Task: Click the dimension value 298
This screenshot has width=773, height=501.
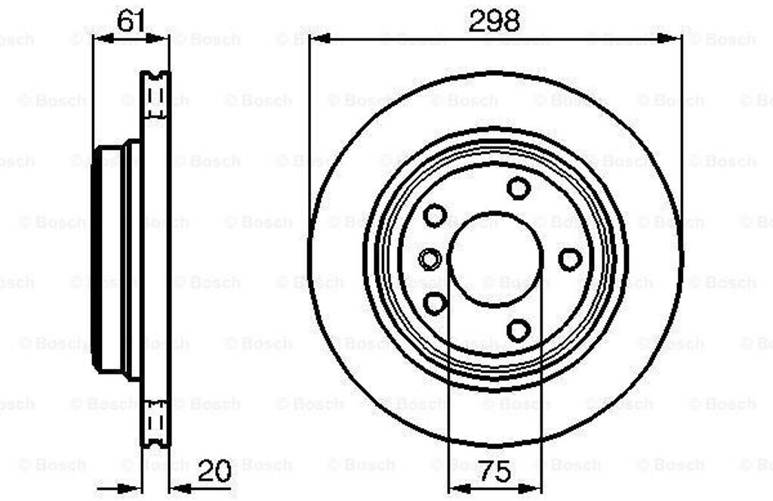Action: point(494,20)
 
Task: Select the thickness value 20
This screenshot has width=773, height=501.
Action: point(214,471)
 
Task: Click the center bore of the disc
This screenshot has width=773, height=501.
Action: point(496,259)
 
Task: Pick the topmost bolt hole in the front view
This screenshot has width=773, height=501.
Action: point(519,188)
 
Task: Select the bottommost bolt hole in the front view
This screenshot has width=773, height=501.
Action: point(519,330)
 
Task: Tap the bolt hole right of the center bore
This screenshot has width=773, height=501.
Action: point(571,259)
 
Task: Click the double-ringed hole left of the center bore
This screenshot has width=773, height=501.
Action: point(430,259)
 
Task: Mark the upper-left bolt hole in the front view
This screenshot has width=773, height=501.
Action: point(436,215)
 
